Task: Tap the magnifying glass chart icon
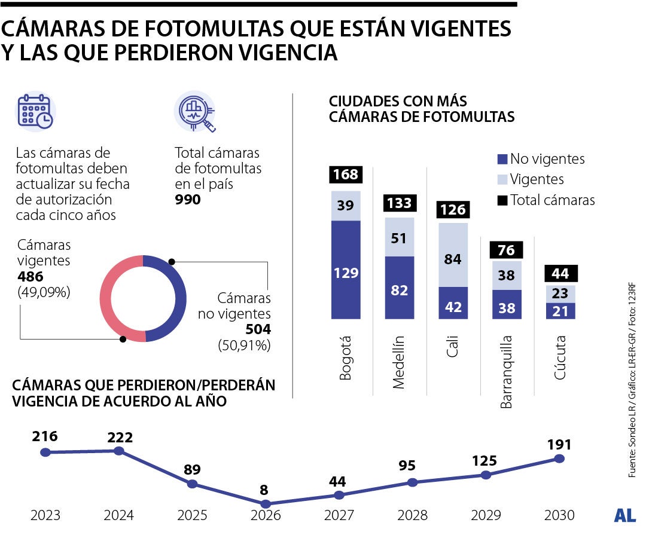click(x=195, y=111)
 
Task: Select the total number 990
click(x=188, y=200)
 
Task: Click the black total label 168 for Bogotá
click(x=346, y=175)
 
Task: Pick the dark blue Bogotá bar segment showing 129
click(x=346, y=273)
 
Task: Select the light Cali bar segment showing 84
click(x=453, y=260)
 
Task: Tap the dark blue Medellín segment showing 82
click(x=400, y=291)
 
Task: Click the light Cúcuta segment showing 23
click(x=561, y=294)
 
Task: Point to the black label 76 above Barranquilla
click(x=507, y=250)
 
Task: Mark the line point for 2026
click(x=266, y=504)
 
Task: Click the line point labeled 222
click(x=118, y=451)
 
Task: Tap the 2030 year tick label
click(x=559, y=515)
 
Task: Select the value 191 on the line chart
click(x=559, y=444)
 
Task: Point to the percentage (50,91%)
click(x=246, y=345)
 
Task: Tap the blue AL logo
click(x=624, y=515)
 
